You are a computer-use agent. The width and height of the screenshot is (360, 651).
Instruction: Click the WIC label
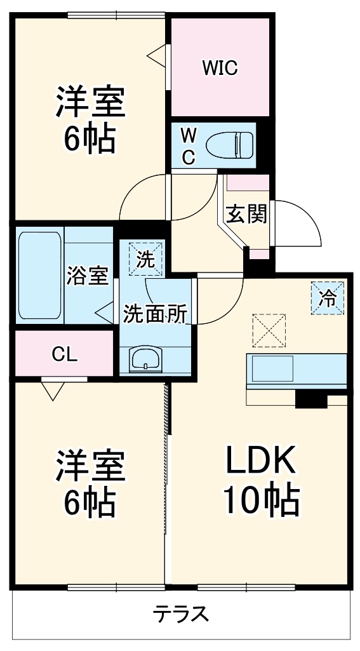click(x=220, y=68)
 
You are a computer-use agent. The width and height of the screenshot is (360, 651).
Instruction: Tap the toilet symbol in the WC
click(x=230, y=145)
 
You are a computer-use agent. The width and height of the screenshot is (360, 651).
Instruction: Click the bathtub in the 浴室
click(x=40, y=275)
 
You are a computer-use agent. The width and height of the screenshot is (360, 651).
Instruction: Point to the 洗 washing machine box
click(x=145, y=258)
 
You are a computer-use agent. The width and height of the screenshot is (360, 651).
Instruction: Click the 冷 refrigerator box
click(x=328, y=298)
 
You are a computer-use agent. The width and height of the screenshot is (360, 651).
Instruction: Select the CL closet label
click(x=65, y=354)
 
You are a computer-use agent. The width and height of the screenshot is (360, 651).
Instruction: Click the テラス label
click(x=180, y=613)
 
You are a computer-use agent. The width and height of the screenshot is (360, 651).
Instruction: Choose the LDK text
click(x=260, y=460)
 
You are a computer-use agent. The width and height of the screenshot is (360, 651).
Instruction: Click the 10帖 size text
click(x=262, y=499)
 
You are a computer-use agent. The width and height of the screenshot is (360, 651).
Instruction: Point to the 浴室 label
click(x=88, y=276)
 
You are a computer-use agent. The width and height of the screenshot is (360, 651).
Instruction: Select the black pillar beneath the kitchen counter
click(x=311, y=399)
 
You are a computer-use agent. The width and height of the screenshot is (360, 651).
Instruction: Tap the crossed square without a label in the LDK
click(x=269, y=330)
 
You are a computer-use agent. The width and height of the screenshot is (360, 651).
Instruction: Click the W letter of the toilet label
click(x=189, y=135)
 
